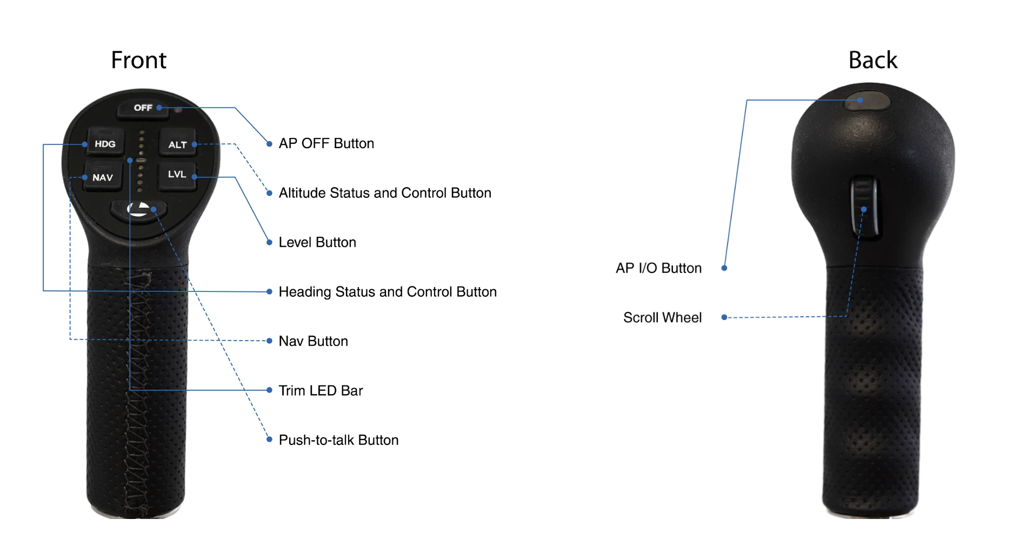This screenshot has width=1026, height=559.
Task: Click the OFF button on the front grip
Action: (x=142, y=108)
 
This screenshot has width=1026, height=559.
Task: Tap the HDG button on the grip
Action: (x=105, y=144)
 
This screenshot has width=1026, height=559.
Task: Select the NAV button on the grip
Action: (x=102, y=177)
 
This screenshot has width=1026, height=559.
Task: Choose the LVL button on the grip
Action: (x=177, y=175)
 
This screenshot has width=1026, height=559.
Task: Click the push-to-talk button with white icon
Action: (x=138, y=210)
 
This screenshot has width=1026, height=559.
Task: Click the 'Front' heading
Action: (x=138, y=60)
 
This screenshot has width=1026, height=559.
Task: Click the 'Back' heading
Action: (x=872, y=60)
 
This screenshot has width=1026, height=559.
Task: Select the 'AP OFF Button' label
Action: (x=326, y=144)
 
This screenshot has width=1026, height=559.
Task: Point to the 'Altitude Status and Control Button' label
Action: (x=384, y=193)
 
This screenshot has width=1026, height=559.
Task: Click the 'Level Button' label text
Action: (x=317, y=243)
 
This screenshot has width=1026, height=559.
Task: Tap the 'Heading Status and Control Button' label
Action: (x=387, y=292)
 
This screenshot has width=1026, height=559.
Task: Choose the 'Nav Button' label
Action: (x=313, y=341)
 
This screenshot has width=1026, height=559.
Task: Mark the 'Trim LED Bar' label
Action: (x=321, y=391)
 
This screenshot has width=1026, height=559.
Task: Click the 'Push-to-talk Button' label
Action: (x=338, y=440)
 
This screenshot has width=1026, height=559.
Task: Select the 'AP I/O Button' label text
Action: (x=658, y=268)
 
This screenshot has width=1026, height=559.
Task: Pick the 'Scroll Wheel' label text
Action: (x=662, y=318)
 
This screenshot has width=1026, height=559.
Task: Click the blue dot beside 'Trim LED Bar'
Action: (x=269, y=390)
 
